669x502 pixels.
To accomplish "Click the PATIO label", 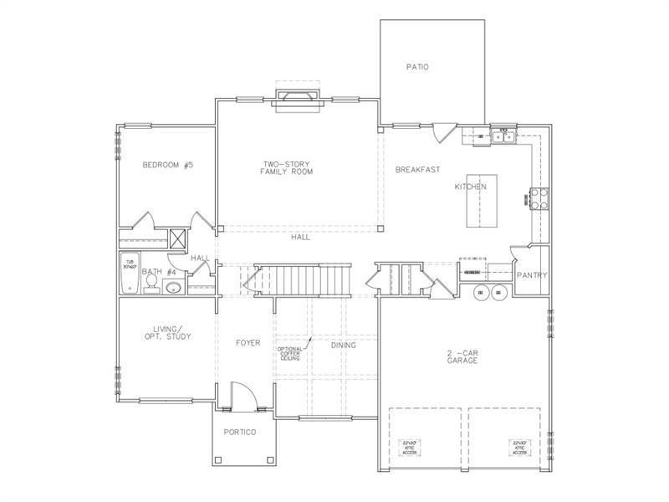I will pos(417,67).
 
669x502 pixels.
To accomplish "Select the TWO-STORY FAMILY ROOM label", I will pos(287,167).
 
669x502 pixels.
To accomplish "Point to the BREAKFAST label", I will pos(417,169).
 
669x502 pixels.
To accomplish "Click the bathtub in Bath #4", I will pos(130,273).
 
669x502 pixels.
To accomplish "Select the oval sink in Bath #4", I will pos(173,289).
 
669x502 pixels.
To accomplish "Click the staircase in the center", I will pos(305,278).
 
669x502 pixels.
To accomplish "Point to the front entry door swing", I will pos(242,393).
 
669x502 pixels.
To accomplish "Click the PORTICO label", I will pos(239,432).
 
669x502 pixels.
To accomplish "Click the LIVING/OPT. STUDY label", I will pos(166,332).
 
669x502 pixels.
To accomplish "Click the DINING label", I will pos(343,345).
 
